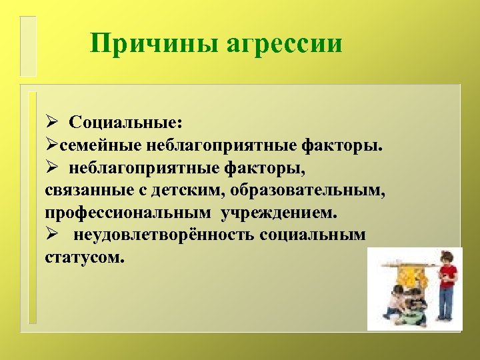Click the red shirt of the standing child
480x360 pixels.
[x=447, y=275]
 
